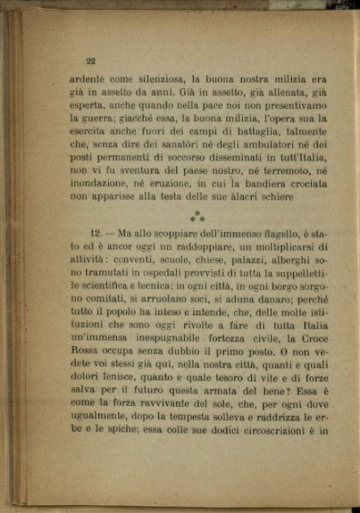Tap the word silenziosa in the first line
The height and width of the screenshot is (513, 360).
pyautogui.click(x=148, y=79)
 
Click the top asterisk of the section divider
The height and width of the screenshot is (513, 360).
pyautogui.click(x=197, y=214)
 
